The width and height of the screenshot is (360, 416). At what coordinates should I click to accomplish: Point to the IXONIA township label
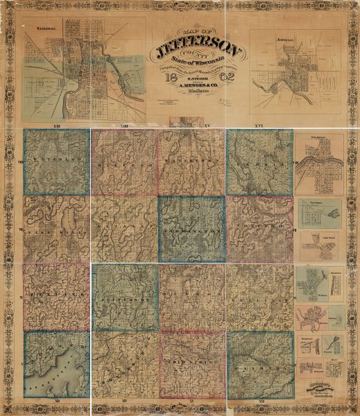click(x=259, y=167)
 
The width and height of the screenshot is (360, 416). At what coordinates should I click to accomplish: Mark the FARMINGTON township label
click(x=192, y=228)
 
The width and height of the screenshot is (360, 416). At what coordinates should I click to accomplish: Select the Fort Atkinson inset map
click(x=320, y=166)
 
